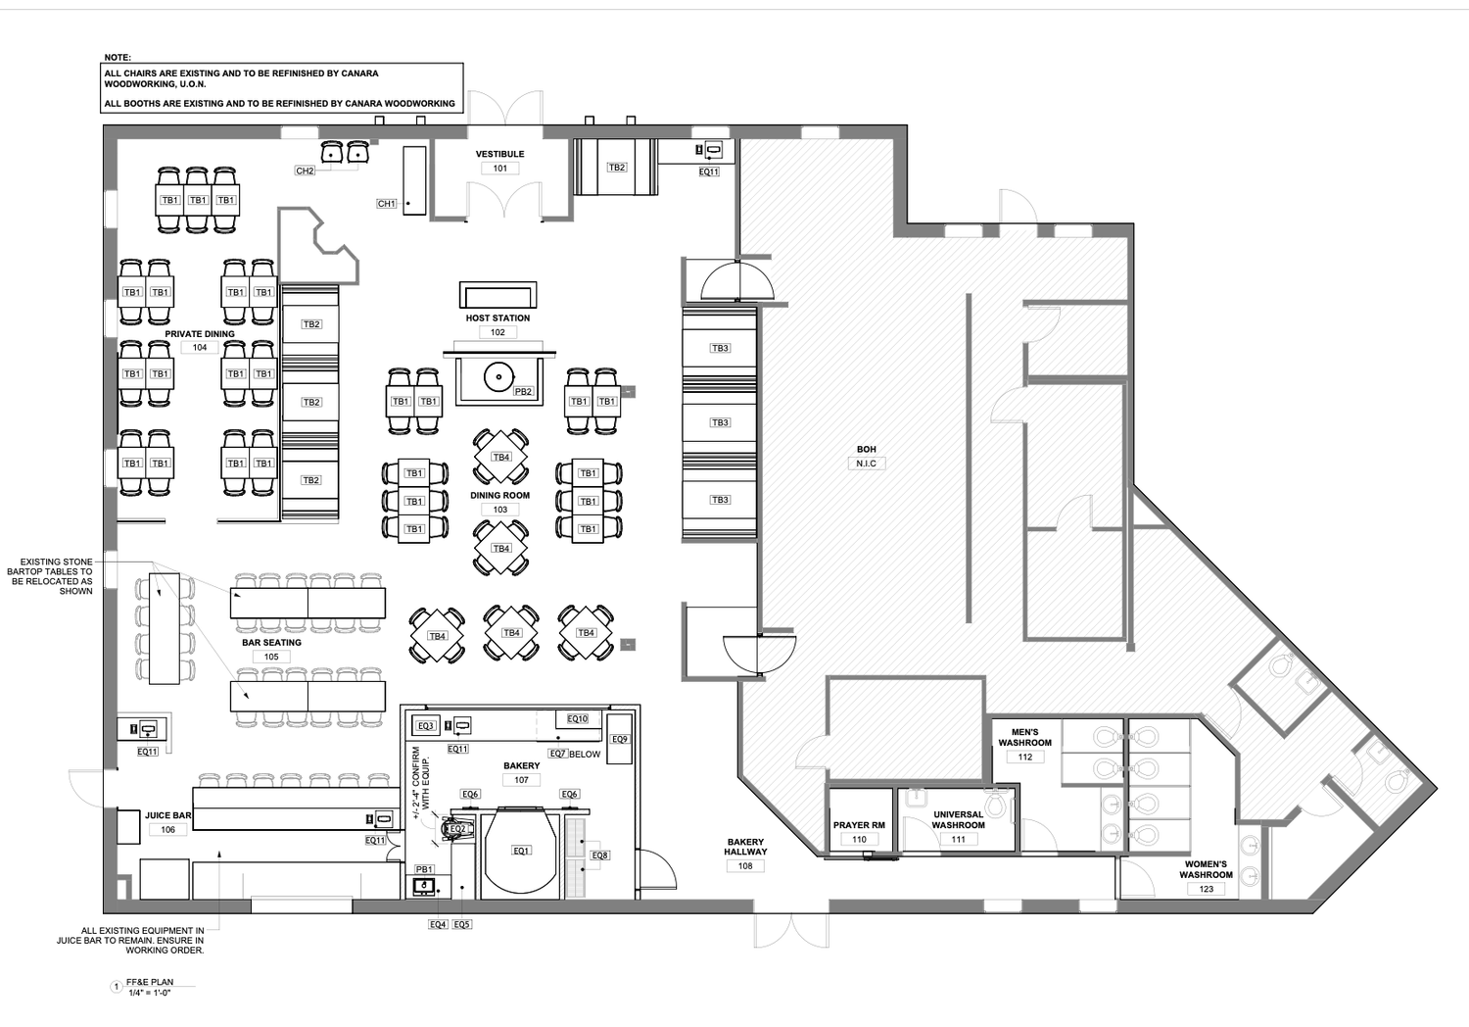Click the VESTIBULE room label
point(499,154)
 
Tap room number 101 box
point(500,169)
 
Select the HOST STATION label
point(498,318)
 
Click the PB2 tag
point(523,392)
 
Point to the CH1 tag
point(386,204)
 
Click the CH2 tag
point(305,171)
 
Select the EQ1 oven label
point(521,852)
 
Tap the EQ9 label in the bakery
point(619,740)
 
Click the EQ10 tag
point(577,719)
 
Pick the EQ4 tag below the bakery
point(438,925)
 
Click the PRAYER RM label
point(859,825)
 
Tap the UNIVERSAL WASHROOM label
point(958,820)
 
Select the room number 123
point(1206,889)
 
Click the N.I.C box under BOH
point(867,464)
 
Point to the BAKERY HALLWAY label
point(745,848)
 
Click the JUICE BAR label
point(167,815)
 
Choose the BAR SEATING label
point(271,643)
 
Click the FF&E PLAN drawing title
point(150,982)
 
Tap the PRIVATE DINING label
point(200,334)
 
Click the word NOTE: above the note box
point(118,58)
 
